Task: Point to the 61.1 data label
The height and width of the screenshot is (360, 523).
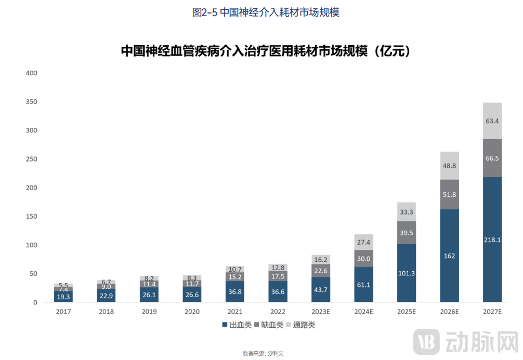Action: [363, 285]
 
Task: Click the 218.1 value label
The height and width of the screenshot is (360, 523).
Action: [492, 240]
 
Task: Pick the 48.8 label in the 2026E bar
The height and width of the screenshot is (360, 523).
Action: [449, 166]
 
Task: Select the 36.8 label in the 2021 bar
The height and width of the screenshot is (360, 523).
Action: [235, 292]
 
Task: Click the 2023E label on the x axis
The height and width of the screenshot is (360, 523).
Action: [321, 312]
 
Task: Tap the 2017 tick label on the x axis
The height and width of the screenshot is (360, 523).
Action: [63, 312]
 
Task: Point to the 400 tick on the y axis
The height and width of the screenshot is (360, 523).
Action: [31, 73]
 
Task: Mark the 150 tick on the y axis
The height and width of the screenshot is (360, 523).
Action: [31, 216]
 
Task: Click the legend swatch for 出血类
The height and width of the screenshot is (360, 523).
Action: [225, 325]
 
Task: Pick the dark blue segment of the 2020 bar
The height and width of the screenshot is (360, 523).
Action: [192, 295]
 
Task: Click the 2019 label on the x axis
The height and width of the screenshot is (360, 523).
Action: [149, 312]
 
